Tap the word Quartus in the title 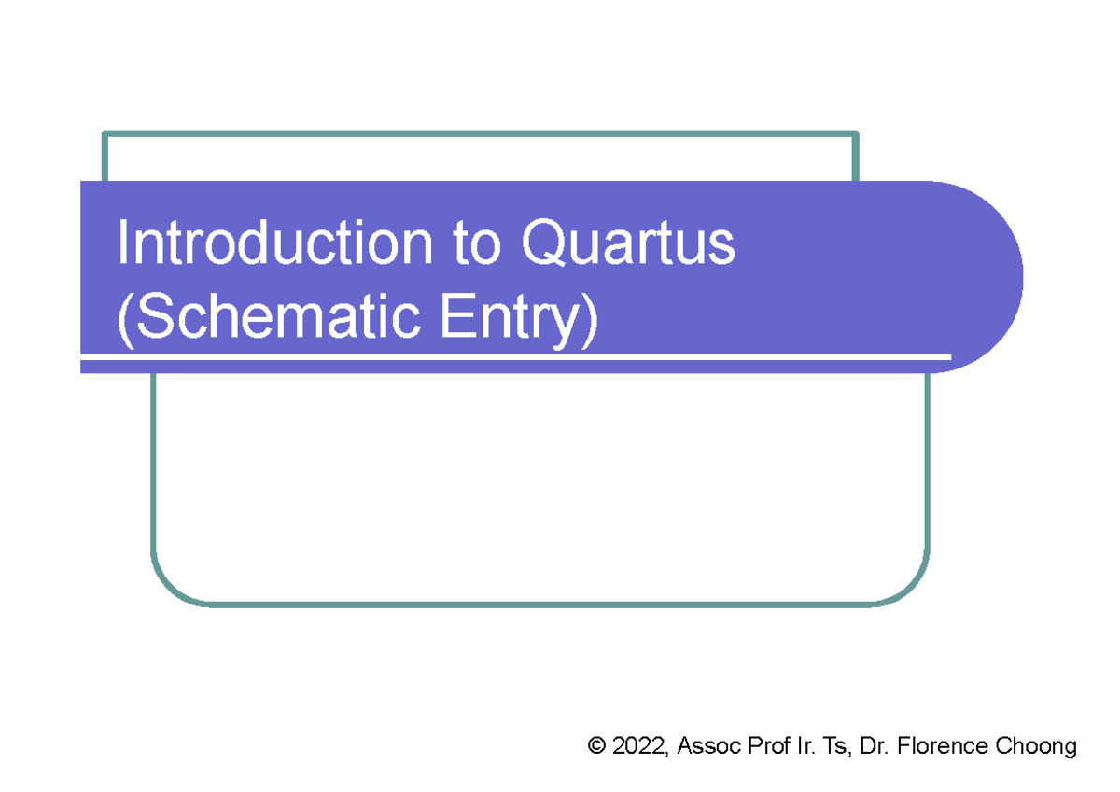coord(628,245)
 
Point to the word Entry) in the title coord(518,318)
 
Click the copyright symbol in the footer coord(596,746)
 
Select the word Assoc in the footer coord(707,746)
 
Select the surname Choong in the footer coord(1037,746)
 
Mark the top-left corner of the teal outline coord(105,134)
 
